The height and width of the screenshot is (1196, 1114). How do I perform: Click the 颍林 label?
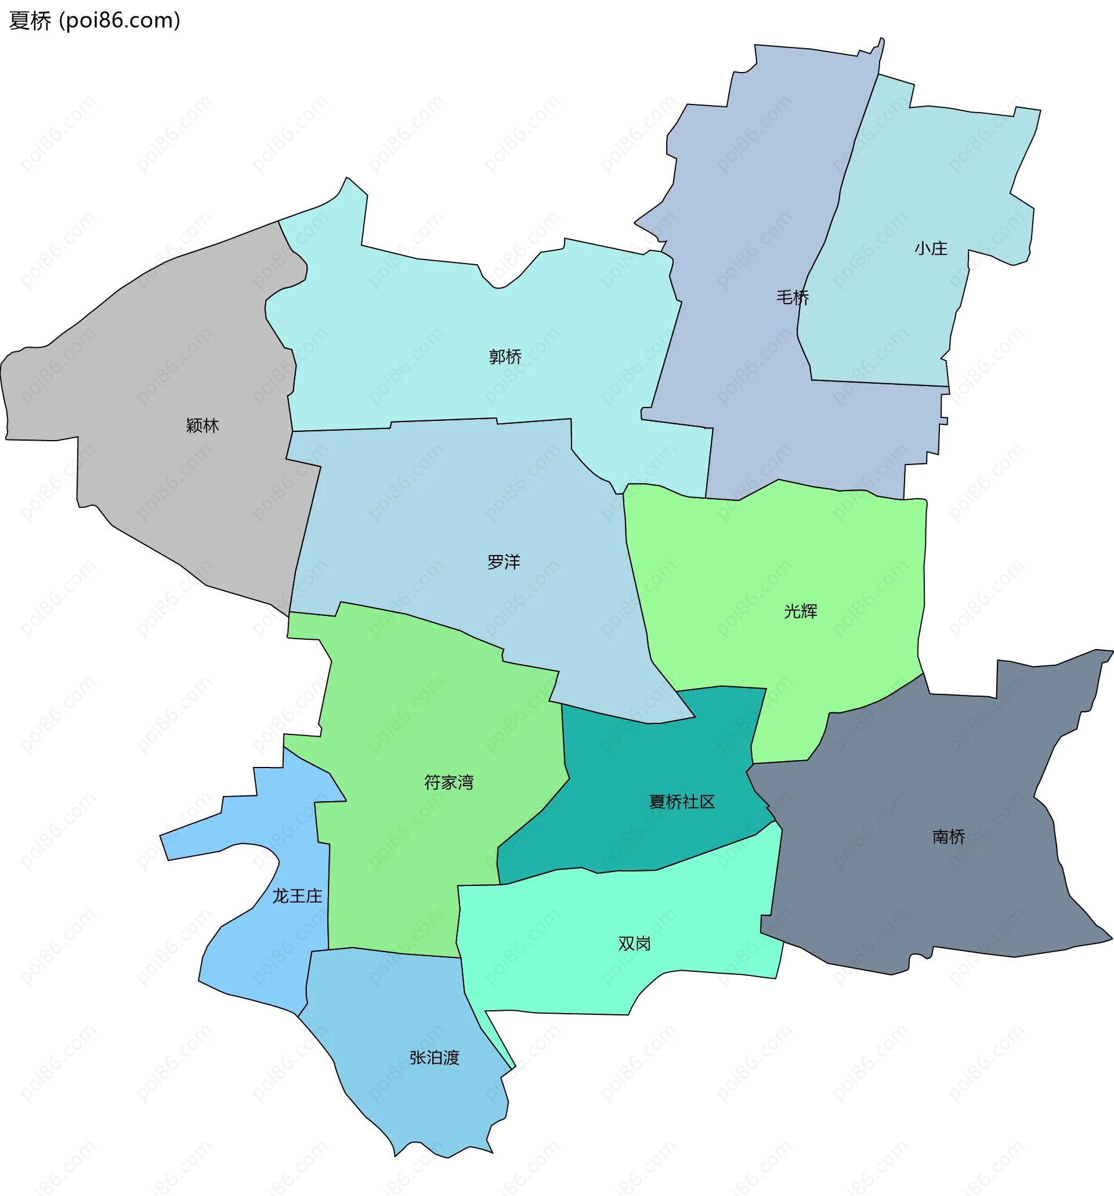[x=202, y=426]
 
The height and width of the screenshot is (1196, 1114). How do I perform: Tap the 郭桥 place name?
[x=505, y=356]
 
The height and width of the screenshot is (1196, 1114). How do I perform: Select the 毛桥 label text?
[x=793, y=297]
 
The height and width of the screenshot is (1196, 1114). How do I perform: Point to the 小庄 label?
[x=931, y=248]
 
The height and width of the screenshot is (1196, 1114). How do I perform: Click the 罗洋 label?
[x=503, y=562]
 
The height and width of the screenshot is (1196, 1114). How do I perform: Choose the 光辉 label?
[x=800, y=611]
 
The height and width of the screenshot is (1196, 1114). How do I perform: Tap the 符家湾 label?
[x=449, y=782]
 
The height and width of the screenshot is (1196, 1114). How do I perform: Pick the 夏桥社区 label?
[x=682, y=801]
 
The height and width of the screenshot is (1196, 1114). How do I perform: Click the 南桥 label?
[x=948, y=836]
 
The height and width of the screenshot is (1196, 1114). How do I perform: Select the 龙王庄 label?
[x=297, y=896]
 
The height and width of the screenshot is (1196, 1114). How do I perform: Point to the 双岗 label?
[x=634, y=943]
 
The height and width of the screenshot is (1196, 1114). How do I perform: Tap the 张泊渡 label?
[x=434, y=1058]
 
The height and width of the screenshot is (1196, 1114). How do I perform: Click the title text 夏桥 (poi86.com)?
[x=95, y=20]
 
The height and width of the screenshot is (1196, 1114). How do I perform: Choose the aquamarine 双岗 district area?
[x=571, y=963]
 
